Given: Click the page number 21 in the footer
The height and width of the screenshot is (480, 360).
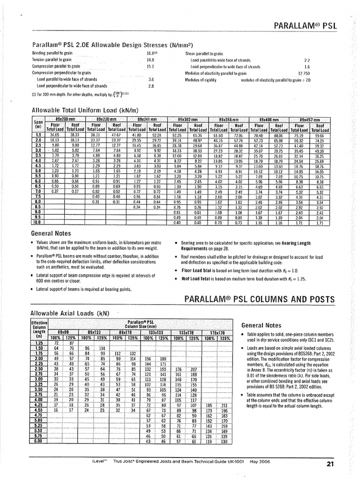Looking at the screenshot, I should (329, 465).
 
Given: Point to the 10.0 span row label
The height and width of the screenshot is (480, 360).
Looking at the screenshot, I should (37, 223).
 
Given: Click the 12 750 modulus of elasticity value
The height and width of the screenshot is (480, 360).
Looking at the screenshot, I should (304, 74).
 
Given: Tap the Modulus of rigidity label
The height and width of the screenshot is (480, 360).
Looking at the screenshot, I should (201, 80).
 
